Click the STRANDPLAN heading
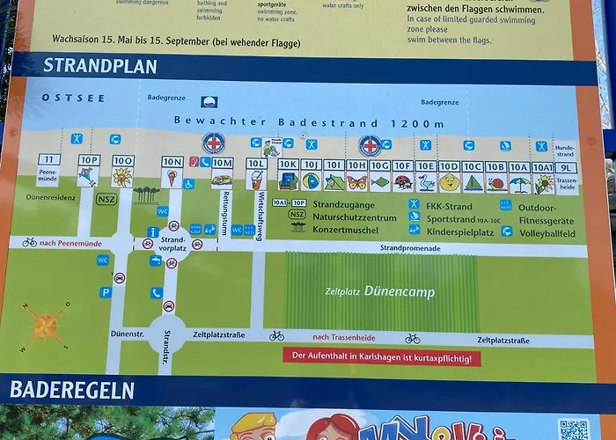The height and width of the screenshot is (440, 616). pyautogui.click(x=99, y=66)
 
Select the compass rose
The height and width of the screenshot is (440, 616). pyautogui.click(x=45, y=326)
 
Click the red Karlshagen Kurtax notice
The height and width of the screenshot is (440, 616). pyautogui.click(x=381, y=357)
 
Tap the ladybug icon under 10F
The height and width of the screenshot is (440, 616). pyautogui.click(x=403, y=182)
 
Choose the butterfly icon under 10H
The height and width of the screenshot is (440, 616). pyautogui.click(x=356, y=182)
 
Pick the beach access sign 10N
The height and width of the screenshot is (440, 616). pyautogui.click(x=172, y=162)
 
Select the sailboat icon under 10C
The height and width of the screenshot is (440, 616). pyautogui.click(x=473, y=183)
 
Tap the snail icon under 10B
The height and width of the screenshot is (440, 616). pyautogui.click(x=496, y=183)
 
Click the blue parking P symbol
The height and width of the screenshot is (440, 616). pyautogui.click(x=106, y=292)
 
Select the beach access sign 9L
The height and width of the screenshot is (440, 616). pyautogui.click(x=567, y=167)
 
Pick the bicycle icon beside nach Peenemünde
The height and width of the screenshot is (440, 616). pyautogui.click(x=30, y=242)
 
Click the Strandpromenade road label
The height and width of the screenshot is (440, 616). pyautogui.click(x=410, y=249)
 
